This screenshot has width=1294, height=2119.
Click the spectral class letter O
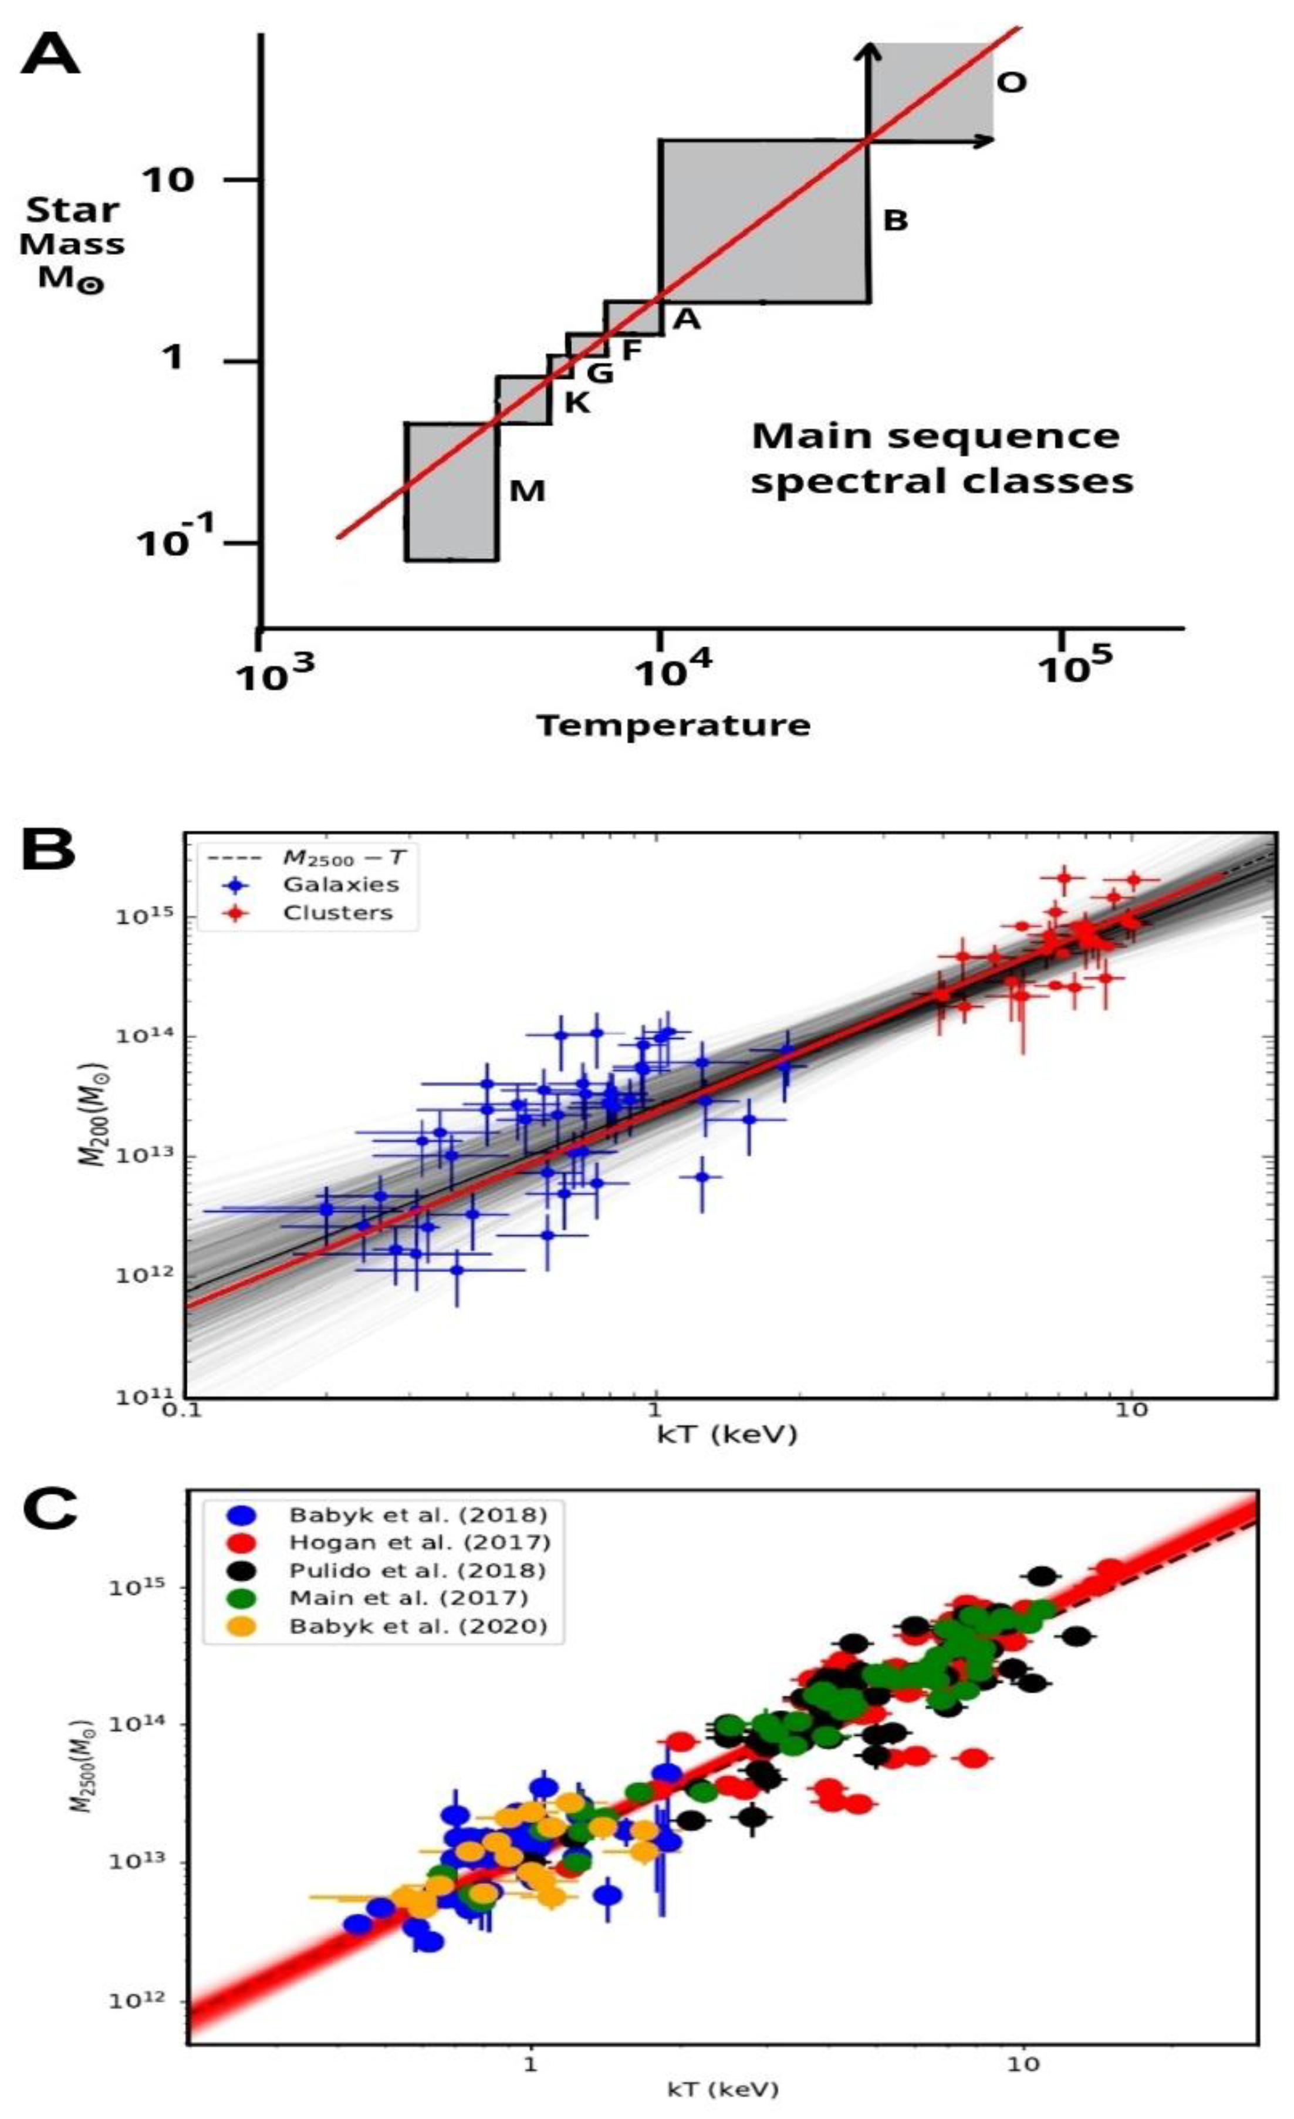1012,83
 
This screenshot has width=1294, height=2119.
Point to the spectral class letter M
527,491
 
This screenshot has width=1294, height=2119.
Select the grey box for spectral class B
763,221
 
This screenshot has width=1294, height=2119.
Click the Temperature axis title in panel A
673,725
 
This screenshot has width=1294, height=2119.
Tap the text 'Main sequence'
935,436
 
